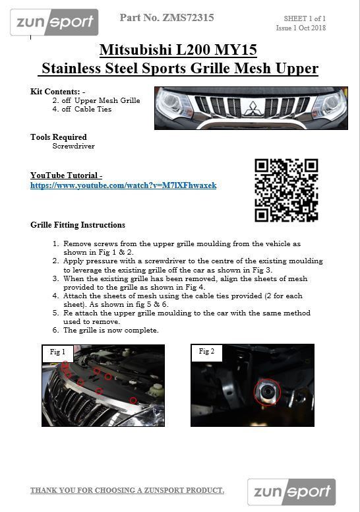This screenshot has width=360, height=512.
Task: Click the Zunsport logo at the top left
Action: click(54, 22)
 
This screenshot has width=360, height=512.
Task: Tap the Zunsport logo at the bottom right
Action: click(291, 492)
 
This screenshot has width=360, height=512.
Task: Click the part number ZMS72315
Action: click(167, 18)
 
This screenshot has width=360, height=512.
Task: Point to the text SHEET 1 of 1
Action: click(305, 18)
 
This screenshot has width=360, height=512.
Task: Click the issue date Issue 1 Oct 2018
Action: click(301, 28)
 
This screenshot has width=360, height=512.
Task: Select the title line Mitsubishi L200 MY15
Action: click(178, 49)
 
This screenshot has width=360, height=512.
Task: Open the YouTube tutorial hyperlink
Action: click(123, 185)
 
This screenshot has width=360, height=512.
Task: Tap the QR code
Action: click(286, 190)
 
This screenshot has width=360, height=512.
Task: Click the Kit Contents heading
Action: click(58, 91)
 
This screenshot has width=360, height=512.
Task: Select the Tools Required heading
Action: click(59, 137)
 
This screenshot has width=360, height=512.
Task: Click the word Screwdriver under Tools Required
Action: click(73, 146)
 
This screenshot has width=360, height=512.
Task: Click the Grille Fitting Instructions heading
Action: click(78, 225)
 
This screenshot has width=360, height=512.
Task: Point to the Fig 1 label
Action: click(57, 352)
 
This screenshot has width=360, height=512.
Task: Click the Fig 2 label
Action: click(206, 352)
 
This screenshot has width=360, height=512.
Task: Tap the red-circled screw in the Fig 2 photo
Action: click(267, 393)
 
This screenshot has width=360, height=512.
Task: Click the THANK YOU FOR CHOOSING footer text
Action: click(127, 490)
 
